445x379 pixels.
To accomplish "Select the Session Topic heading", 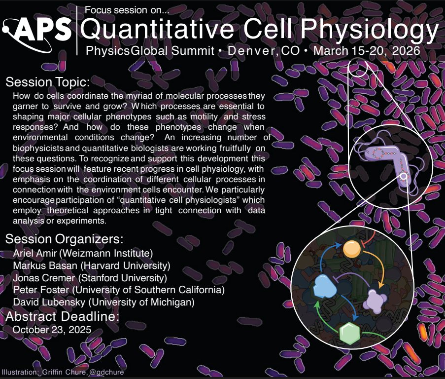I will tap(47, 81).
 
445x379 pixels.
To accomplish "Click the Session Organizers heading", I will tap(64, 240).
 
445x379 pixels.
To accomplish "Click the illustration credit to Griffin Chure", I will tap(63, 372).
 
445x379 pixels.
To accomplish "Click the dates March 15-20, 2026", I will tap(367, 50).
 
